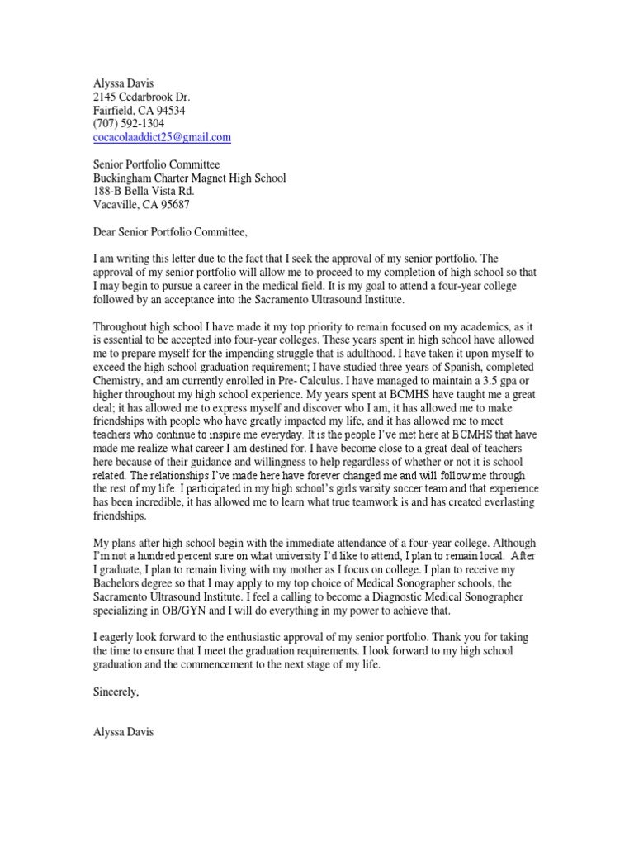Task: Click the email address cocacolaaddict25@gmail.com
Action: tap(162, 137)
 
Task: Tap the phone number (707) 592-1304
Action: tap(128, 123)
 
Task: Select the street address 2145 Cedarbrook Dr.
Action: tap(141, 97)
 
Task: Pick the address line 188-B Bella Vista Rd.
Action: tap(144, 191)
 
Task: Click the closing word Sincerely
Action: tap(116, 692)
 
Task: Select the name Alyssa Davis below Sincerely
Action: tap(122, 732)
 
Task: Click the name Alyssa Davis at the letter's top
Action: tap(122, 83)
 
